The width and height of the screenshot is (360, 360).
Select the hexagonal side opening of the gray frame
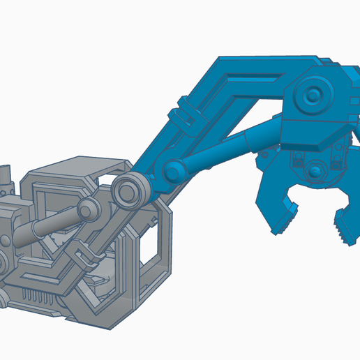pos(150,244)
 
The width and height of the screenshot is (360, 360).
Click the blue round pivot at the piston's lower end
pos(173,170)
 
